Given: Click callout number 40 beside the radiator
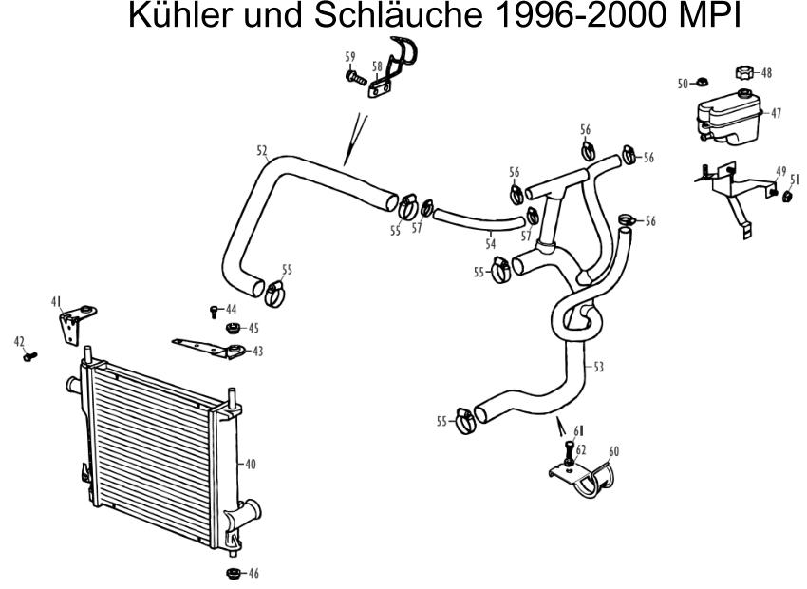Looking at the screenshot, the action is pos(250,465).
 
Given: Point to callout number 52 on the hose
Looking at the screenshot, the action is pos(262,150).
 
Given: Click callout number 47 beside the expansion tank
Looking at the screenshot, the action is pos(776,113).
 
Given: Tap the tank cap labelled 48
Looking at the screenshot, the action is pos(744,72).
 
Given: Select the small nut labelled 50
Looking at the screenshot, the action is pos(701,82).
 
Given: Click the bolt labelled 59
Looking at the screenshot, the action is pos(356,78).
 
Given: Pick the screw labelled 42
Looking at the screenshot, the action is pos(30,355).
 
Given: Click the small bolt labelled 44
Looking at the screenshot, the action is pos(215,312).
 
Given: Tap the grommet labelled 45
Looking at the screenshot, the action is pos(234,328).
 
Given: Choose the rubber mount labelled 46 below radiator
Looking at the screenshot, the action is pos(234,573).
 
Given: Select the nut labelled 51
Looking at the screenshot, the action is pos(787,197).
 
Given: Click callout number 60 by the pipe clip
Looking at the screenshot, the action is pos(614,451).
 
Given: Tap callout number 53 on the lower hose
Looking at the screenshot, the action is pos(598,367).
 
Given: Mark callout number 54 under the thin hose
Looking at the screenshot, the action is pos(491,242).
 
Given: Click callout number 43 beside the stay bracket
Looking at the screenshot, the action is pos(257,351).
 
